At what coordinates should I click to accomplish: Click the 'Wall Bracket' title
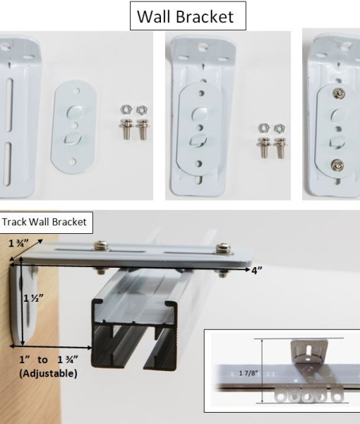coord(187,16)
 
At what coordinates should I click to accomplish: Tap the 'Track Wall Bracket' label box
coord(44,222)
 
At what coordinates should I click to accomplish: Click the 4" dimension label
coord(256,271)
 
